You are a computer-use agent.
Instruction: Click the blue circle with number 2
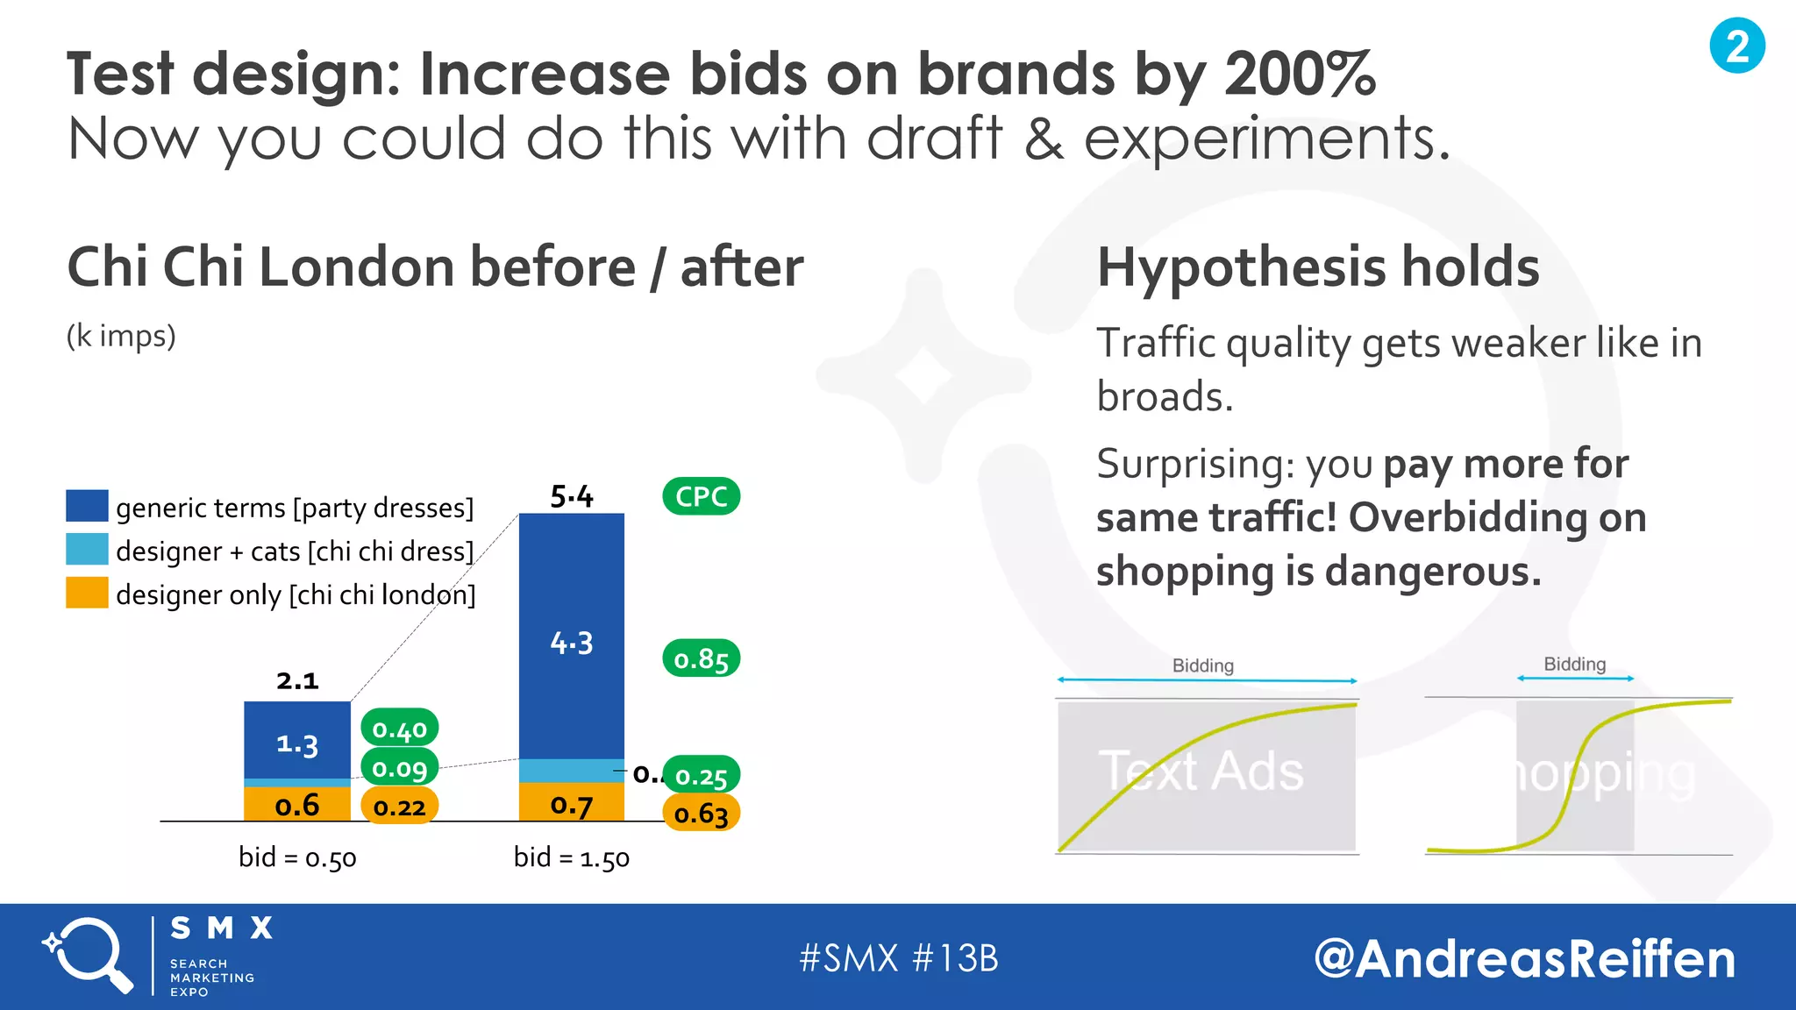[1736, 46]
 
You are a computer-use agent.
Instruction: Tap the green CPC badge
[701, 496]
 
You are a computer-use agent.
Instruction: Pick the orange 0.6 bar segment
[296, 804]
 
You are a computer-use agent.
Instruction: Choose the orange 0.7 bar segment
[572, 802]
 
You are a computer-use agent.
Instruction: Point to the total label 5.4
[572, 496]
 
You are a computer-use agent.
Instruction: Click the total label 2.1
[297, 680]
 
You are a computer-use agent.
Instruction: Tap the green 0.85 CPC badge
[701, 658]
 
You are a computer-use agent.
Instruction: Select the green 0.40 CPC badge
[399, 729]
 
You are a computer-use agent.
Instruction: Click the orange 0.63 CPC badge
[701, 814]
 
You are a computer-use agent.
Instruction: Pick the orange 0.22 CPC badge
[399, 806]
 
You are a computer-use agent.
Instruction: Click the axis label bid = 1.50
[572, 857]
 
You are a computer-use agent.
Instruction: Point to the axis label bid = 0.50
[297, 857]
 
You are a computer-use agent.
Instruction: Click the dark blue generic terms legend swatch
[87, 506]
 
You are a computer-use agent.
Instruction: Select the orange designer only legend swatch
[87, 593]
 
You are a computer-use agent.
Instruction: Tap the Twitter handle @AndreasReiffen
[1524, 958]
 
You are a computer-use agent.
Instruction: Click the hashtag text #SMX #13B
[898, 958]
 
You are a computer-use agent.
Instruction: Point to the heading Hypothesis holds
[1318, 267]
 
